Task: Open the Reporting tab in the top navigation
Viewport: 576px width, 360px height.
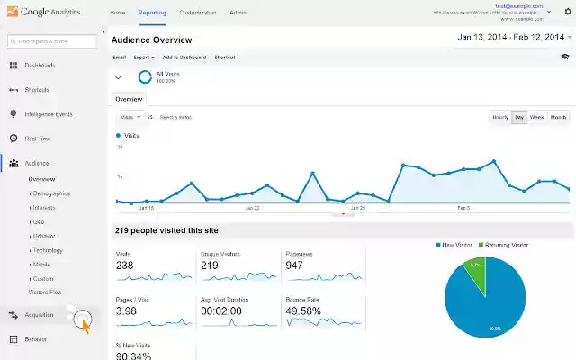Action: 152,13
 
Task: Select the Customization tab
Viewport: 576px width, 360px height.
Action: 197,13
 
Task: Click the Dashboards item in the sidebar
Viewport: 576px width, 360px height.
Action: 40,66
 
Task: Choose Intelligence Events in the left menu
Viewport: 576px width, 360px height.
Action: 48,114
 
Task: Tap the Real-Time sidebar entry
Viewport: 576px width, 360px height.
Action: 37,139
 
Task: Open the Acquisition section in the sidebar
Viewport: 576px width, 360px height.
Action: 39,315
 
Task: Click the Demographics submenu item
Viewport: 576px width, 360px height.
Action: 51,193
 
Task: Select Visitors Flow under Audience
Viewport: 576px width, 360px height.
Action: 45,292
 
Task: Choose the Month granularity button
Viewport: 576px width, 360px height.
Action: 559,117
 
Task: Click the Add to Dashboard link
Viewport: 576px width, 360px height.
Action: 183,57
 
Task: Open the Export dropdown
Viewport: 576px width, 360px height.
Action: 143,57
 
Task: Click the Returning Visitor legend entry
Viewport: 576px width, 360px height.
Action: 506,245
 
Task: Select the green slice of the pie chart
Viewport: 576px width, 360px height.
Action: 475,271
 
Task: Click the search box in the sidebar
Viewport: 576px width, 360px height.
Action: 51,41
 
